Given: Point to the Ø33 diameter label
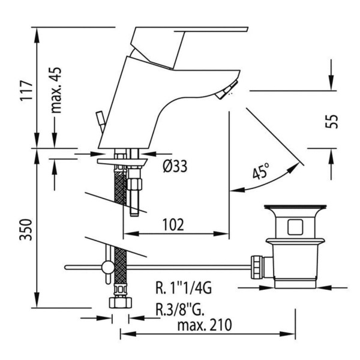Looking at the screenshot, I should click(x=174, y=167).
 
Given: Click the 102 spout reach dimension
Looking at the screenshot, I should click(x=173, y=224).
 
